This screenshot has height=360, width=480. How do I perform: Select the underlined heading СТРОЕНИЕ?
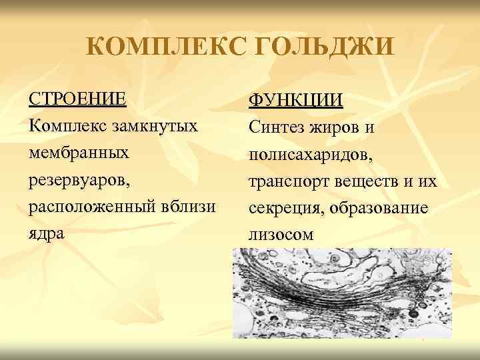pos(77,99)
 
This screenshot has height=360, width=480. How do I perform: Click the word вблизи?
pos(188,207)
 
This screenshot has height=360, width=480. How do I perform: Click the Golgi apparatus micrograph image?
pos(341,293)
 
